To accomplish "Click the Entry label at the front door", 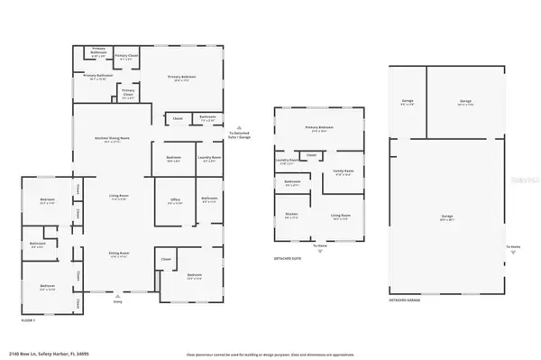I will pos(117,302).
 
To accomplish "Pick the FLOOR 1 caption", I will pos(26,319).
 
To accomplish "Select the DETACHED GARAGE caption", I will pos(405,298).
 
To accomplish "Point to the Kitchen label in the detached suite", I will pos(291,215).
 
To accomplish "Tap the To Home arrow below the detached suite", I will pos(320,247).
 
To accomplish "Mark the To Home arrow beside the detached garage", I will pos(513,248).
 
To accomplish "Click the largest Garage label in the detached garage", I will pos(447,217).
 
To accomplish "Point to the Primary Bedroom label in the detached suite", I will pos(319,128).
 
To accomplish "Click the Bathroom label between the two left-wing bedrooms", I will pos(37,243).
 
